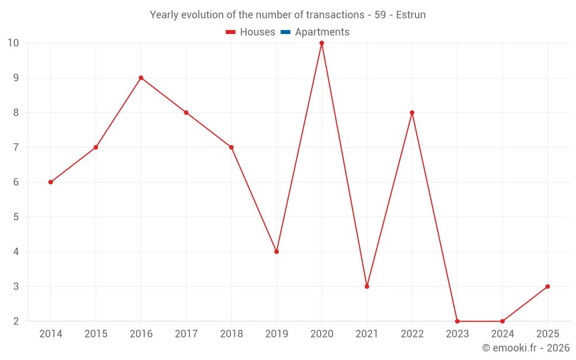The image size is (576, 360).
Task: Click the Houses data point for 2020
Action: click(321, 43)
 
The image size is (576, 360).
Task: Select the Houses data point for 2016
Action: click(141, 78)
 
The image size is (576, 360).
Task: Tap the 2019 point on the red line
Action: click(276, 252)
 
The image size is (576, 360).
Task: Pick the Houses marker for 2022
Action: click(412, 113)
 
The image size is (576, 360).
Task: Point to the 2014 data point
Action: click(51, 182)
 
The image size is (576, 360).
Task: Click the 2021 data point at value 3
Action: click(367, 286)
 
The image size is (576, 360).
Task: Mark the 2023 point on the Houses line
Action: click(457, 321)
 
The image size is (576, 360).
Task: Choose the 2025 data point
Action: click(547, 286)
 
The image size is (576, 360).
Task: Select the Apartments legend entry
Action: click(322, 32)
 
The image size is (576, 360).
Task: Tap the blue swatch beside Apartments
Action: click(285, 32)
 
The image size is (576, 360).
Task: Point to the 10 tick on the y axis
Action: click(13, 43)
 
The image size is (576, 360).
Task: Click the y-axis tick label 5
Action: click(16, 217)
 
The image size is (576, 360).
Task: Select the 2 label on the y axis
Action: click(16, 321)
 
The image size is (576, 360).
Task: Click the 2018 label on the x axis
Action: click(231, 334)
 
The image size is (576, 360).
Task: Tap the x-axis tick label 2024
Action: click(502, 334)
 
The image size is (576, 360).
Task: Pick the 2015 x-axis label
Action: click(96, 334)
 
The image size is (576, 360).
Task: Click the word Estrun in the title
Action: click(411, 15)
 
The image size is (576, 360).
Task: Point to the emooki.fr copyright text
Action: click(526, 348)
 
